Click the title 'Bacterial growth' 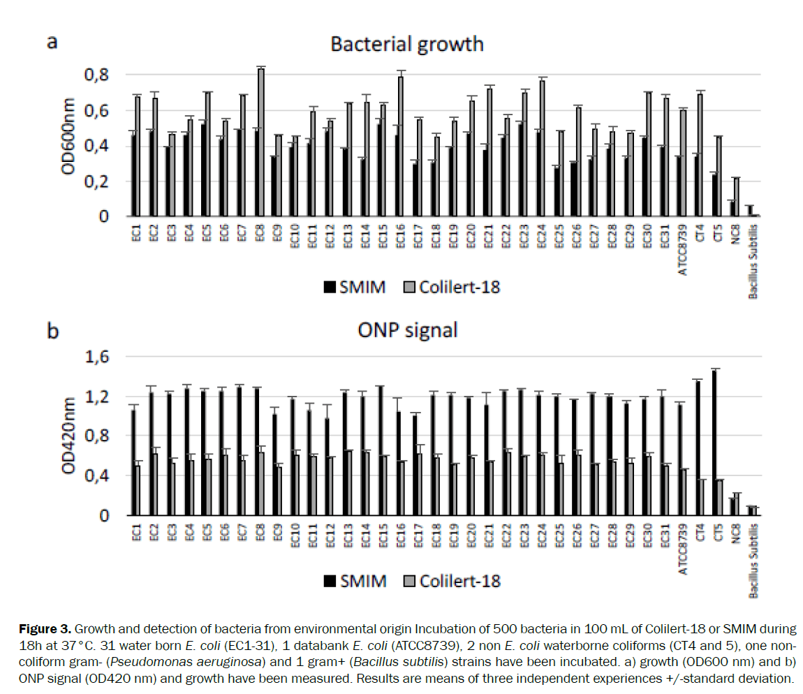coord(407,44)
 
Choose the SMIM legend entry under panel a coord(354,286)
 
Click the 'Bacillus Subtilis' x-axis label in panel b coord(754,559)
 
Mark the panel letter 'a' coord(52,42)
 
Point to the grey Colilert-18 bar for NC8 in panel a coord(736,198)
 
